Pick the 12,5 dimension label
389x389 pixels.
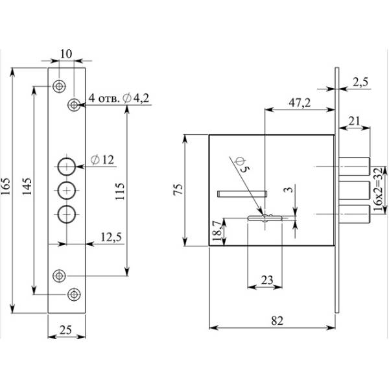pos(112,237)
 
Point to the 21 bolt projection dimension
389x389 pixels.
pos(354,120)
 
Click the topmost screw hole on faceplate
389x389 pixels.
pos(60,86)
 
